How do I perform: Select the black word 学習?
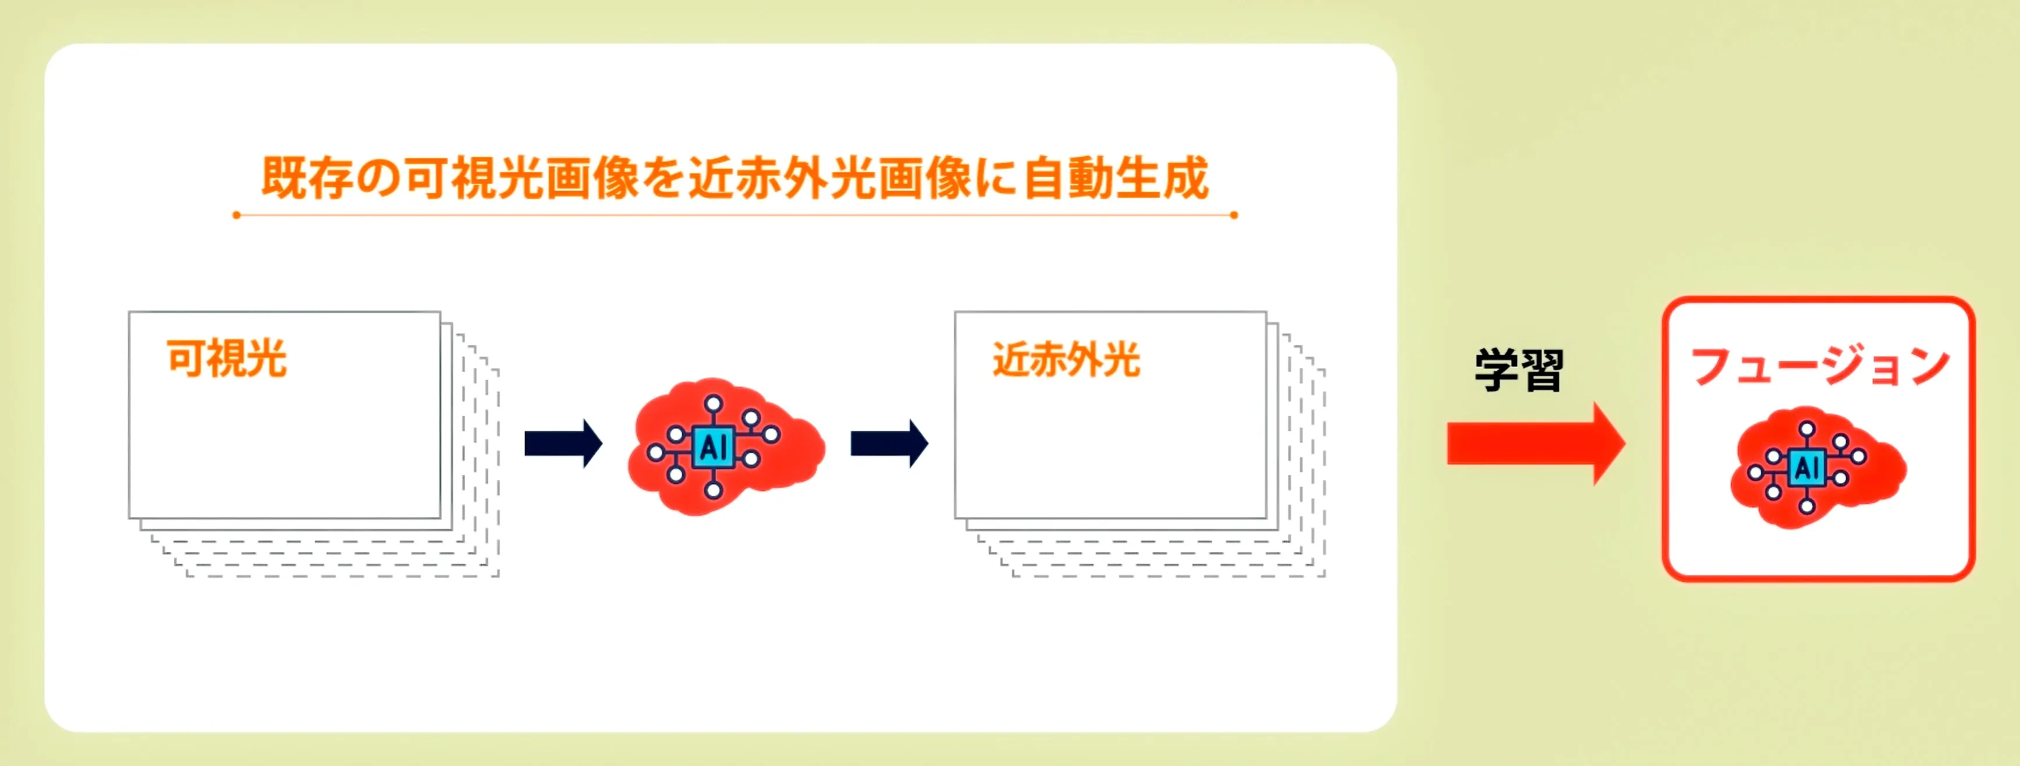pyautogui.click(x=1519, y=370)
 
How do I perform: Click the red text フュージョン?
pyautogui.click(x=1819, y=366)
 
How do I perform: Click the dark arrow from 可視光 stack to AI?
pyautogui.click(x=562, y=443)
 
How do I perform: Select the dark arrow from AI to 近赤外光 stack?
pyautogui.click(x=889, y=443)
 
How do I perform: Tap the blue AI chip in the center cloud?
pyautogui.click(x=713, y=448)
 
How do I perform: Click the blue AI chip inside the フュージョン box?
pyautogui.click(x=1806, y=468)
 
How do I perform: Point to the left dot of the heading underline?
pyautogui.click(x=237, y=215)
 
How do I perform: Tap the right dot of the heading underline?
pyautogui.click(x=1234, y=215)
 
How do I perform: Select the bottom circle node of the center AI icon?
pyautogui.click(x=713, y=491)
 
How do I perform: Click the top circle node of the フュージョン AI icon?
pyautogui.click(x=1806, y=429)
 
